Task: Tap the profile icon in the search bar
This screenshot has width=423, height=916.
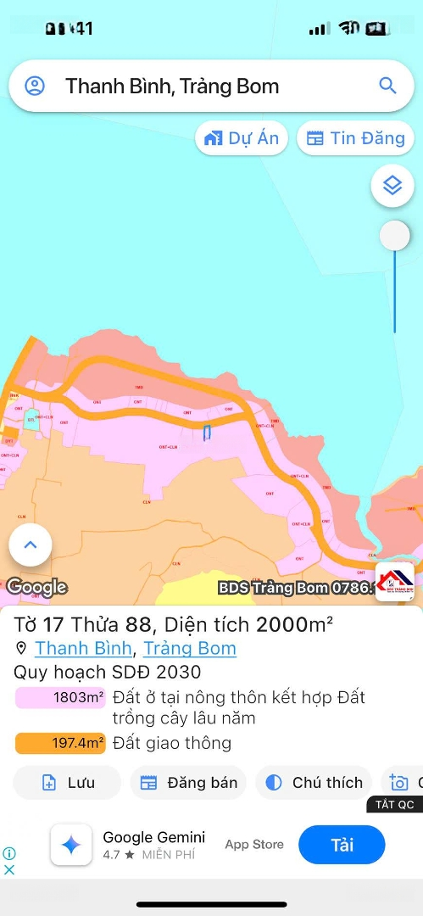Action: tap(35, 86)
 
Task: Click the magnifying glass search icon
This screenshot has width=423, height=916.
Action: tap(387, 86)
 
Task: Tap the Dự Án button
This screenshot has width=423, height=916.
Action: tap(242, 138)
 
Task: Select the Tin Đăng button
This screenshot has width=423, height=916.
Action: tap(355, 138)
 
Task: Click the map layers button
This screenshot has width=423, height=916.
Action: tap(392, 186)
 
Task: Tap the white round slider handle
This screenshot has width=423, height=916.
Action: tap(394, 236)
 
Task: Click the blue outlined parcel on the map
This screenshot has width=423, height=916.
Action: tap(207, 433)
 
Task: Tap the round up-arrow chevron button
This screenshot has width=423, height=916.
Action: tap(31, 545)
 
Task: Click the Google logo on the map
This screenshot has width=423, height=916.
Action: tap(36, 587)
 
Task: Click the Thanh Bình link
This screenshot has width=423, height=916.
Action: tap(83, 649)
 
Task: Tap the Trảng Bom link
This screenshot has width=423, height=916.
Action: tap(190, 649)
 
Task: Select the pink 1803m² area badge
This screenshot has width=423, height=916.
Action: tap(60, 698)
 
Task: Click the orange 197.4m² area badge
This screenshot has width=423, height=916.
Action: tap(60, 744)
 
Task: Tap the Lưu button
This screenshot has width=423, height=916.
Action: tap(68, 783)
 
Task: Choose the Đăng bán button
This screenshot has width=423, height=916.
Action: tap(188, 783)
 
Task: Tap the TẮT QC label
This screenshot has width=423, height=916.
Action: tap(394, 805)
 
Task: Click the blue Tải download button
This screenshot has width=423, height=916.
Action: tap(342, 845)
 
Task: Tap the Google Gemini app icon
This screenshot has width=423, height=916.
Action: tap(71, 845)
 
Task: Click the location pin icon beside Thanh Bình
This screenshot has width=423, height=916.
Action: tap(21, 649)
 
